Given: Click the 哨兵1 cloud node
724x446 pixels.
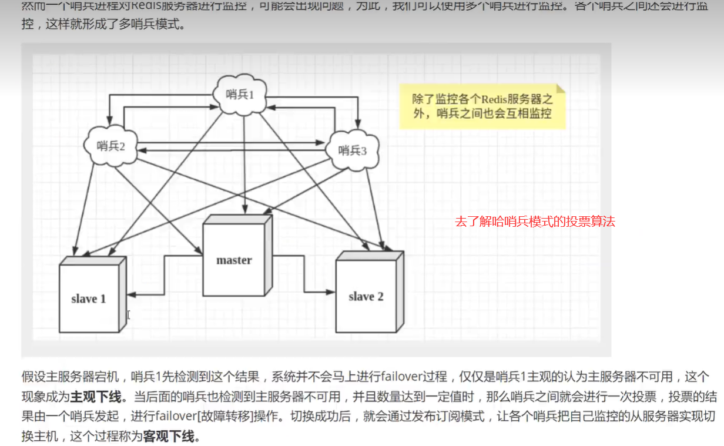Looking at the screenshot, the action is pos(240,94).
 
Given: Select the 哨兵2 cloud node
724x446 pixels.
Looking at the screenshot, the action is pos(111,146).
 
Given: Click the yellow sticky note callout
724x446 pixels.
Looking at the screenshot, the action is pos(482,106).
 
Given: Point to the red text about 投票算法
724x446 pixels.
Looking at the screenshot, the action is pos(535,222).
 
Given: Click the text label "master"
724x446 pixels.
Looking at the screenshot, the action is pos(234,260).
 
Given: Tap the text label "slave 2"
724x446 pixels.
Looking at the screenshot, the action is pos(366,296).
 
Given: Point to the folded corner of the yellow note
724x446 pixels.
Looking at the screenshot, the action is pos(561,88).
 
